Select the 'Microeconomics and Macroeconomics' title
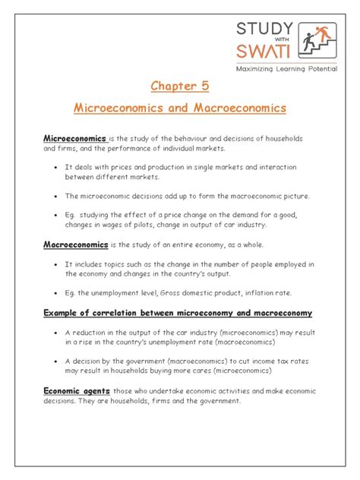(x=179, y=108)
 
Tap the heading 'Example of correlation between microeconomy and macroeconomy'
(x=178, y=313)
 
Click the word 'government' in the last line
(x=218, y=401)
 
